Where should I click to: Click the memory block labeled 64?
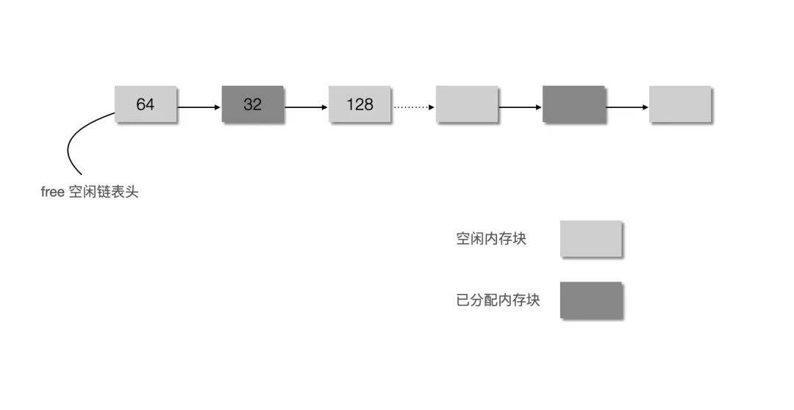click(x=146, y=104)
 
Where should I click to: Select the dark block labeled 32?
click(x=253, y=104)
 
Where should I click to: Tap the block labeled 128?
click(x=360, y=104)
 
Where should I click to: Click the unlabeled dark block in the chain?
click(x=573, y=104)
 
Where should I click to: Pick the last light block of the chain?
click(x=681, y=104)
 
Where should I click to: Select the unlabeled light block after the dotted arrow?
click(x=467, y=104)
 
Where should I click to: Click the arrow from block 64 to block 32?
click(x=199, y=107)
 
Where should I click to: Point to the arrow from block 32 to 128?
click(x=306, y=107)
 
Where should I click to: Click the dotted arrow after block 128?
click(x=414, y=107)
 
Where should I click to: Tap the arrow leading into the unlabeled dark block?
click(x=520, y=107)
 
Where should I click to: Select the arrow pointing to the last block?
click(x=627, y=107)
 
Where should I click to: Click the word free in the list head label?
click(x=52, y=193)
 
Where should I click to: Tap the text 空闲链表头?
click(x=103, y=193)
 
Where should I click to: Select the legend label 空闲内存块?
click(x=491, y=238)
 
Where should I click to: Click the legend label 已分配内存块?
click(x=498, y=301)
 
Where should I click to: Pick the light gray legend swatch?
click(x=591, y=238)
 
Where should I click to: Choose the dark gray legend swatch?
click(x=591, y=301)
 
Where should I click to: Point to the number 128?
click(x=360, y=104)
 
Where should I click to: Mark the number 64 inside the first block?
click(x=146, y=104)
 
